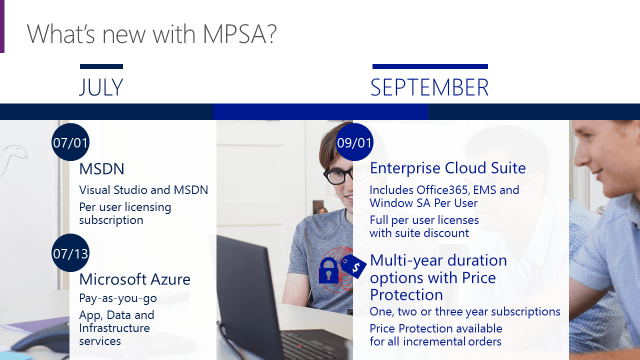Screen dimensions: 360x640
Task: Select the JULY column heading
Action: pos(101,88)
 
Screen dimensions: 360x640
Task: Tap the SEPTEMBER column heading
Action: pos(430,88)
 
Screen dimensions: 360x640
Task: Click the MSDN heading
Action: pos(102,169)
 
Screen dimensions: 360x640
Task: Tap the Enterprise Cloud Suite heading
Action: pos(448,168)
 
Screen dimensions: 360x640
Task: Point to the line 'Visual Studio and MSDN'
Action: pos(144,190)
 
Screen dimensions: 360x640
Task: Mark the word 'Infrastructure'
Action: pos(114,327)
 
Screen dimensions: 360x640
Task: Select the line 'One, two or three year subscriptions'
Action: pos(465,312)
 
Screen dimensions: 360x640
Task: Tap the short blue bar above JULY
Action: pos(101,67)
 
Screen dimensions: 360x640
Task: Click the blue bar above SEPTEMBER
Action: pos(430,67)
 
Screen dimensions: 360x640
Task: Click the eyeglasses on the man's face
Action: pos(338,175)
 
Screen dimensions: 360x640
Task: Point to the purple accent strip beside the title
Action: pos(3,26)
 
